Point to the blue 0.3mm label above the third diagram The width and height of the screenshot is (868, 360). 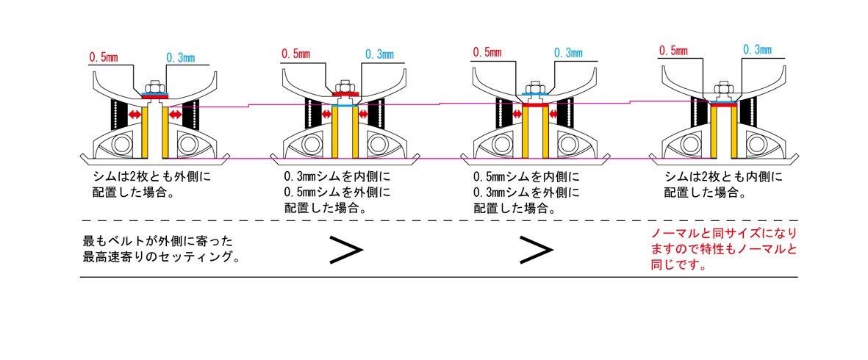tap(567, 52)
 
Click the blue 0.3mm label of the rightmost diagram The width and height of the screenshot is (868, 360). tap(757, 50)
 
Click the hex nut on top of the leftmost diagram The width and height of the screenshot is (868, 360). tap(155, 87)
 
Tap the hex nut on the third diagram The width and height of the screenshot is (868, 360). tap(534, 87)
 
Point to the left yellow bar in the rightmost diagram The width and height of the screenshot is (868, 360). tap(713, 132)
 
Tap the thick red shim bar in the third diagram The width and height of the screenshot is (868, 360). tap(535, 106)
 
